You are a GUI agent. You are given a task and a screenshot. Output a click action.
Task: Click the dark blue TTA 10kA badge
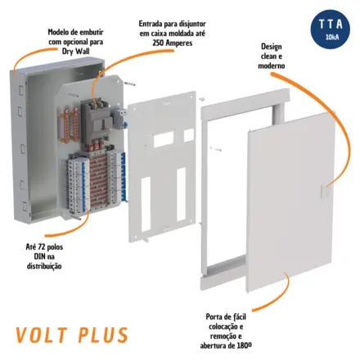click(x=331, y=29)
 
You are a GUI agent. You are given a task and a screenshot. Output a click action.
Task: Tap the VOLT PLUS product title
click(x=72, y=335)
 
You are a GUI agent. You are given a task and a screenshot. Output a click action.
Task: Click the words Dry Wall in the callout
click(x=75, y=52)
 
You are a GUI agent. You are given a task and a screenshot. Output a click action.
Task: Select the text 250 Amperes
click(x=173, y=43)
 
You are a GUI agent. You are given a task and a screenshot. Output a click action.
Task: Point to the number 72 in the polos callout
click(x=42, y=247)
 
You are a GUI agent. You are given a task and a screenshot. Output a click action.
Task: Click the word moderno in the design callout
click(x=272, y=65)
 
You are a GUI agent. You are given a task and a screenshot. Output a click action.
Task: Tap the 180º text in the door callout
click(x=244, y=345)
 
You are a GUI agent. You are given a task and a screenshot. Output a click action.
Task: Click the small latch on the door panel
click(x=326, y=190)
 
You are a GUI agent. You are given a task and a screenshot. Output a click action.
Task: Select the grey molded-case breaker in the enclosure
click(x=96, y=119)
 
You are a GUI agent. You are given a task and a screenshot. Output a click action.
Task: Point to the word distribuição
click(x=44, y=266)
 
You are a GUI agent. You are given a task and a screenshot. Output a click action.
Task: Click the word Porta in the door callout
click(x=214, y=317)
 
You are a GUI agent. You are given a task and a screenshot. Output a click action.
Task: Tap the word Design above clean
click(x=272, y=47)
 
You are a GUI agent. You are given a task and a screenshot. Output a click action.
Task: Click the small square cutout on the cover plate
click(x=189, y=135)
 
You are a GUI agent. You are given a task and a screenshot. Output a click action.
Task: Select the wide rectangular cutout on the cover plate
click(x=164, y=140)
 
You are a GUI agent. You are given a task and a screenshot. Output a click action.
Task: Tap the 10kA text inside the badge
click(x=332, y=38)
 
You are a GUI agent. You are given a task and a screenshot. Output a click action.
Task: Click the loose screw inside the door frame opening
click(x=215, y=149)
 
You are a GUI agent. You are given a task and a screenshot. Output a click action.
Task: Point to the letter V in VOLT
click(x=22, y=335)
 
